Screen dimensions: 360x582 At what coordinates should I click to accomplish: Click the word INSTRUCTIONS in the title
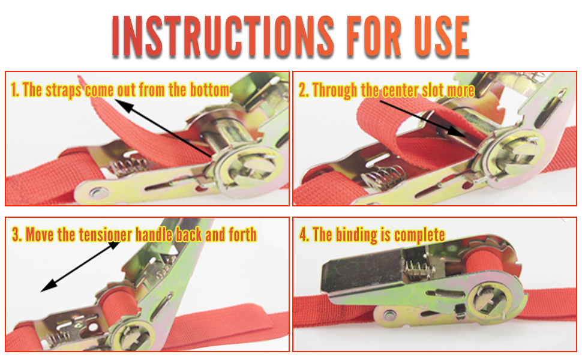coord(223,37)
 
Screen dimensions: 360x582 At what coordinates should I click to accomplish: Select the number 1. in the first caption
coord(16,91)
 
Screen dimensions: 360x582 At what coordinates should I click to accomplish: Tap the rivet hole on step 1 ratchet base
coord(96,193)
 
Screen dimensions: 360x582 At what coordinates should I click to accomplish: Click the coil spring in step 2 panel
coord(379,178)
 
